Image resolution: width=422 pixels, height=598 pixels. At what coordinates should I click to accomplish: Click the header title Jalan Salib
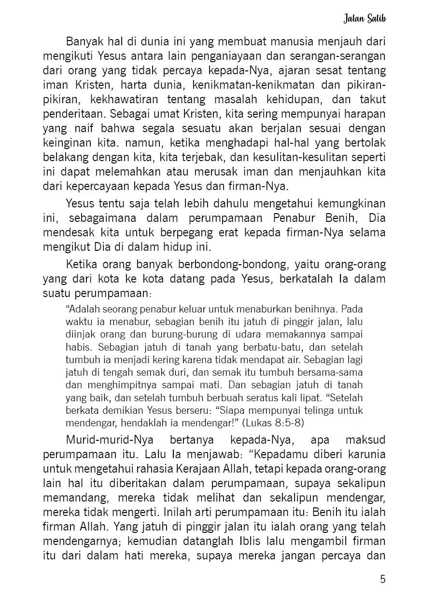[x=366, y=19]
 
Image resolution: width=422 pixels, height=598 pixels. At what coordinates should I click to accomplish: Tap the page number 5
[x=383, y=579]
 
